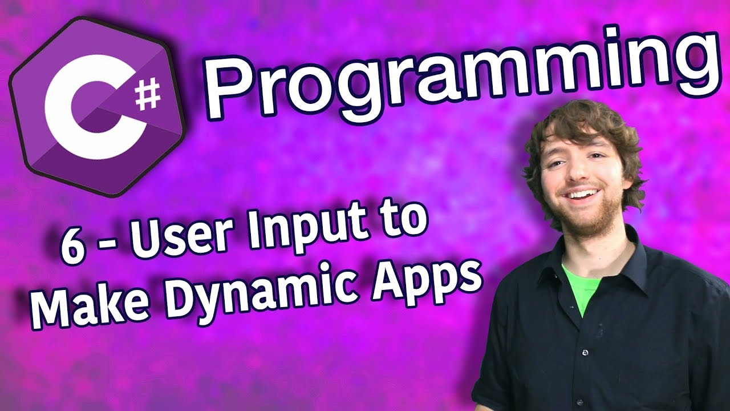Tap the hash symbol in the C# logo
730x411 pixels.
click(x=148, y=95)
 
